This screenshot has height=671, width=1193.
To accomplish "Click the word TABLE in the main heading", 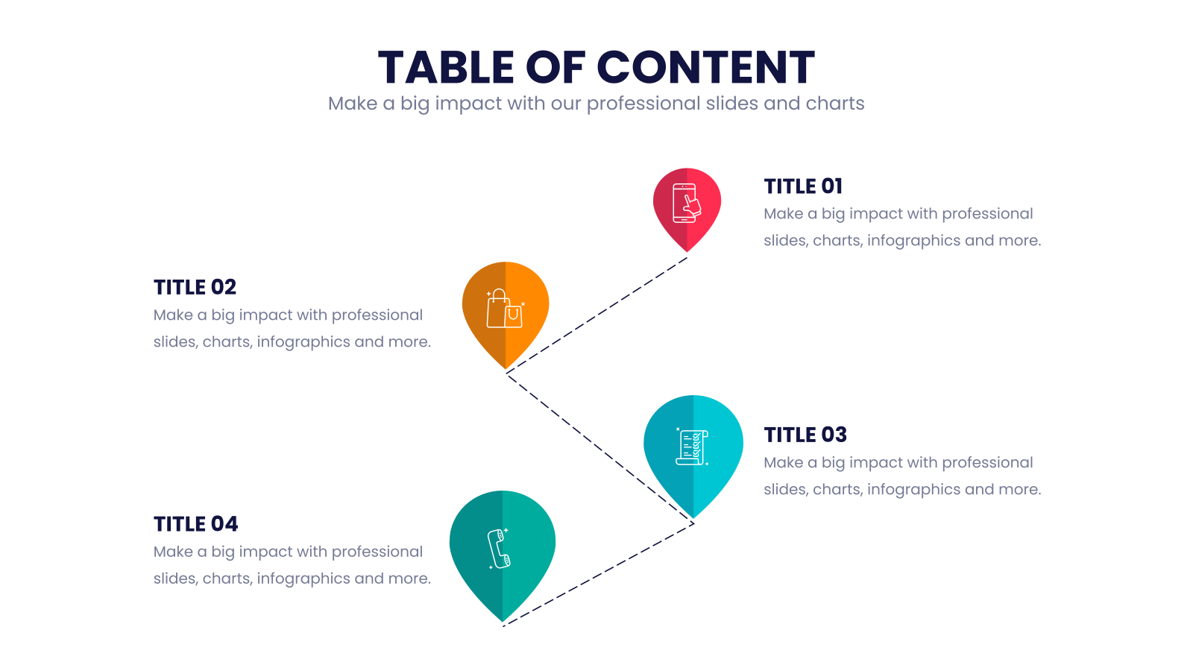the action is pos(446,67).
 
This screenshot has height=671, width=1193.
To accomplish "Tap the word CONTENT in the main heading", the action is pos(705,67).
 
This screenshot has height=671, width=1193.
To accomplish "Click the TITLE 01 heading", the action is pos(803,186).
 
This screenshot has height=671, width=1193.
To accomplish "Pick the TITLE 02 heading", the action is pos(195,287).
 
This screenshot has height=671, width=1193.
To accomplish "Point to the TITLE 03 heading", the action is pos(805,435).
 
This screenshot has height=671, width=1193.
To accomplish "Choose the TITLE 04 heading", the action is pos(196,523).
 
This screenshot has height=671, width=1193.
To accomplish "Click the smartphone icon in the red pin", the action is pos(687,203).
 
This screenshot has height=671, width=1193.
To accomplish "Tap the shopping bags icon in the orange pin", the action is pos(505,309).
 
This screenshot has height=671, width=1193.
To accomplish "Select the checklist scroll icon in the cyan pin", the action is pos(693,447).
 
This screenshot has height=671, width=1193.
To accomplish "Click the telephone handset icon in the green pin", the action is pos(499,549).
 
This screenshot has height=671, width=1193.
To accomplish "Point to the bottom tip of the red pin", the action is pos(687,251).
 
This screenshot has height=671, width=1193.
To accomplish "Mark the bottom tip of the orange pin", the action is pos(506,368).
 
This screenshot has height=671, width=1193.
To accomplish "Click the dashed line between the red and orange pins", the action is pos(596,315).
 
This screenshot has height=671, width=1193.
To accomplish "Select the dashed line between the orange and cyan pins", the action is pos(599,450).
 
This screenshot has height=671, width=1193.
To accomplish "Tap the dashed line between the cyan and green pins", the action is pos(598,575).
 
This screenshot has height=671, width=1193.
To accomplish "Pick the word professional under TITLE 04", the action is pos(377,552).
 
